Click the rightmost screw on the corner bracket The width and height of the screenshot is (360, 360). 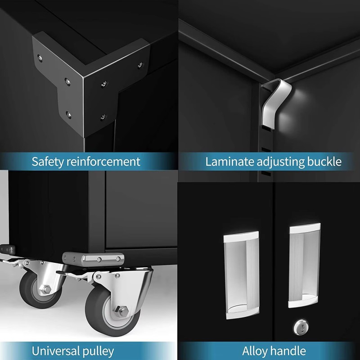click(140, 64)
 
